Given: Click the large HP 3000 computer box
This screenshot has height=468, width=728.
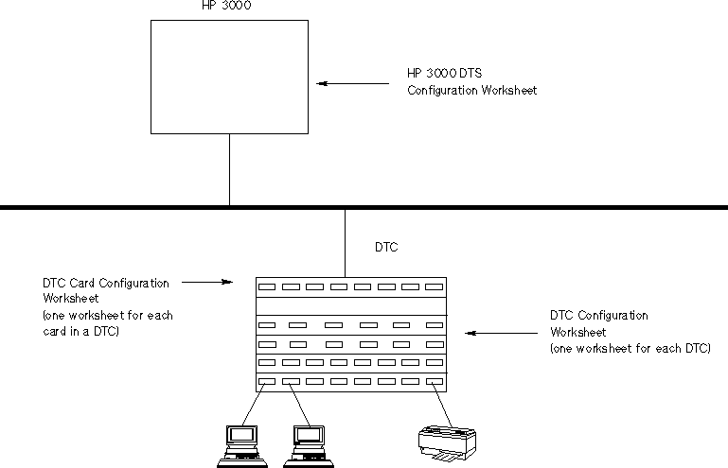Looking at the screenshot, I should pyautogui.click(x=229, y=76).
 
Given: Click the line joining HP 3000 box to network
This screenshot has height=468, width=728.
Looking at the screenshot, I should pyautogui.click(x=229, y=169).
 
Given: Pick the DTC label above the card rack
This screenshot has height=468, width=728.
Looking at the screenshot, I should pyautogui.click(x=386, y=248).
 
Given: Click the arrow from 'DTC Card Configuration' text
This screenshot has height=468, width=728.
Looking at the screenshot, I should pyautogui.click(x=206, y=281).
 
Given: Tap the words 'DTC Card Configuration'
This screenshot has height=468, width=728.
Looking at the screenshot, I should pyautogui.click(x=106, y=283).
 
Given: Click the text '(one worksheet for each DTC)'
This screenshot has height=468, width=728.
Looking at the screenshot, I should pyautogui.click(x=630, y=349).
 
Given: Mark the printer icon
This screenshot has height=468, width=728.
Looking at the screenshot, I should pyautogui.click(x=447, y=442).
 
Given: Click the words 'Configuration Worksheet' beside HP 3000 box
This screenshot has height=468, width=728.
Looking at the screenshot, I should pyautogui.click(x=471, y=91).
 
